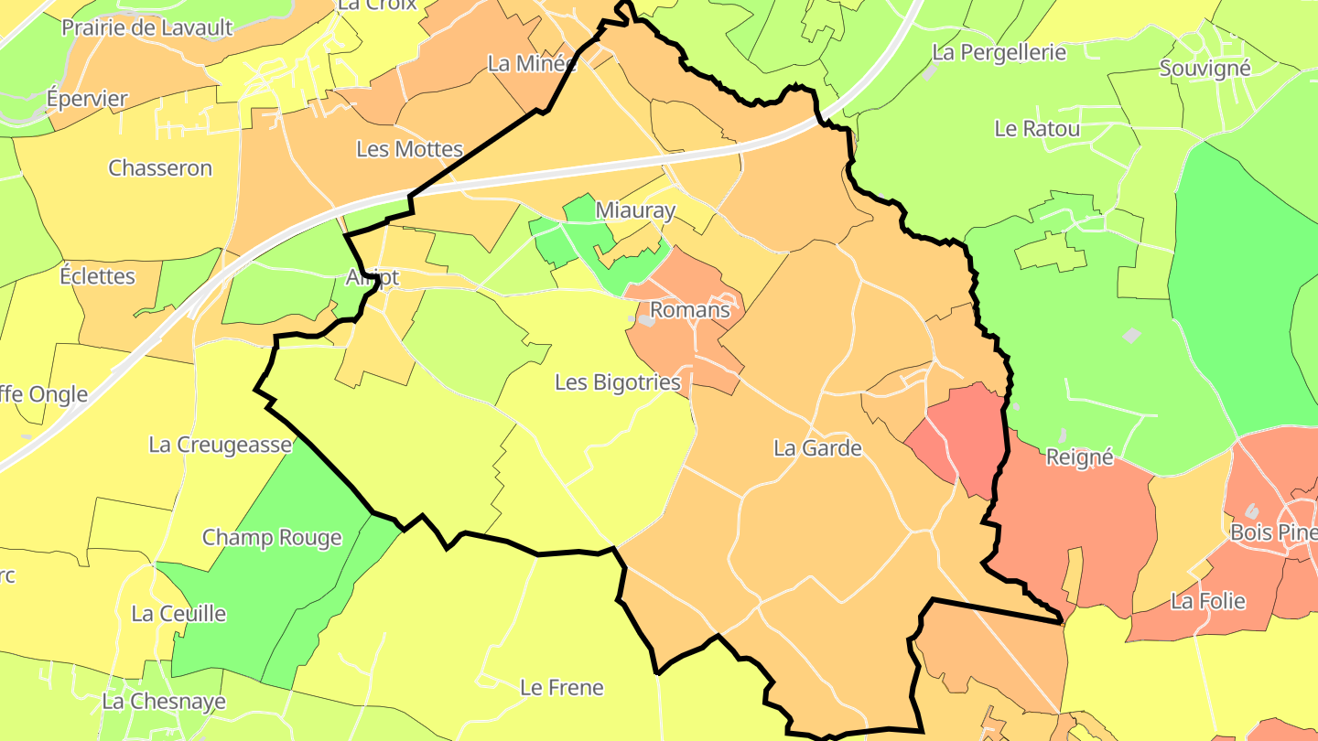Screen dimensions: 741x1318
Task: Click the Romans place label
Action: click(x=690, y=310)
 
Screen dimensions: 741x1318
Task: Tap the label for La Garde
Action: click(x=817, y=448)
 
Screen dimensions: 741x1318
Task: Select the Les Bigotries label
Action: click(x=618, y=382)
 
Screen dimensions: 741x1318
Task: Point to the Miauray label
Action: click(x=635, y=210)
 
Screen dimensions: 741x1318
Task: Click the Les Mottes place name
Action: click(x=409, y=149)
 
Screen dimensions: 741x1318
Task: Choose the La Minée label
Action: click(x=532, y=64)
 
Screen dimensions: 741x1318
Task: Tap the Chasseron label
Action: click(x=160, y=168)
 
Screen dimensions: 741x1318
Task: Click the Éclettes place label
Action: click(x=97, y=276)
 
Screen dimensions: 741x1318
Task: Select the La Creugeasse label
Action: click(x=220, y=446)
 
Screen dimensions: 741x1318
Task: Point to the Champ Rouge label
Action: click(x=272, y=538)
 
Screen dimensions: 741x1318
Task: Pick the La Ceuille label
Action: click(x=178, y=614)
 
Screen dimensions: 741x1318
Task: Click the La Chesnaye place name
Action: click(x=164, y=702)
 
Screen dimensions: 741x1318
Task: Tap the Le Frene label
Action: click(x=561, y=687)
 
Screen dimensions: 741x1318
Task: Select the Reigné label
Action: click(x=1079, y=457)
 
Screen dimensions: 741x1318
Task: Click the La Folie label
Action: click(x=1208, y=601)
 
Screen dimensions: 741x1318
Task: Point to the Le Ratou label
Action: click(x=1037, y=129)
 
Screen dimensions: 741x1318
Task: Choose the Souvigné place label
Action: click(x=1205, y=69)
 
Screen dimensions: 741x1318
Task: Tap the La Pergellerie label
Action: click(x=999, y=52)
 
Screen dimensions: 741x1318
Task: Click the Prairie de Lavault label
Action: click(x=147, y=27)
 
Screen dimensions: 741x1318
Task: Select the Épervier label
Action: click(x=87, y=99)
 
